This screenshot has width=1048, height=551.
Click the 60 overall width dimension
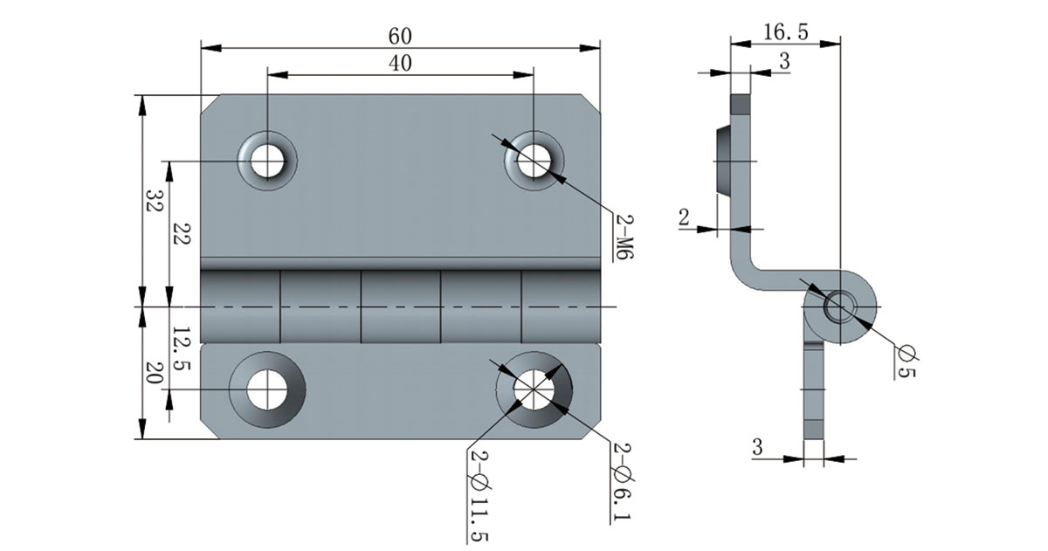(400, 36)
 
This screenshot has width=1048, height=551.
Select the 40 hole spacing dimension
(400, 63)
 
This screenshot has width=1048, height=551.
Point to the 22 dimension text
(181, 234)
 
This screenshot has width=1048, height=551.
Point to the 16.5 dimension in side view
(785, 32)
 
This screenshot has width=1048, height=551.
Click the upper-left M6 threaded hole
(266, 160)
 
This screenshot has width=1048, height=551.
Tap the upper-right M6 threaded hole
(533, 160)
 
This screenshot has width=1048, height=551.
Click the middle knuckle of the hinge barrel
(400, 307)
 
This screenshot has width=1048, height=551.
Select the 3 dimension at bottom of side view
(757, 447)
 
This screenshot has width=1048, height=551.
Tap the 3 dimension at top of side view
(783, 61)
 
